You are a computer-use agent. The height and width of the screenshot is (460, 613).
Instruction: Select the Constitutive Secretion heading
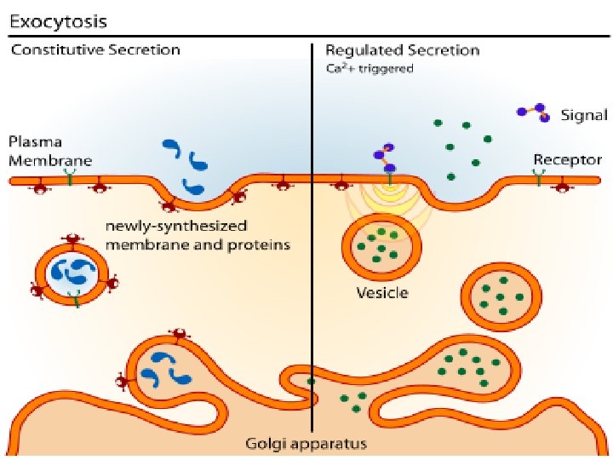tap(95, 49)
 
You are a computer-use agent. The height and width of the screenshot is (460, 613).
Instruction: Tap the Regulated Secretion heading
tap(403, 49)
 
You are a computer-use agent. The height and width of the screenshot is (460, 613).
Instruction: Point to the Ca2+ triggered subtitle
tap(370, 69)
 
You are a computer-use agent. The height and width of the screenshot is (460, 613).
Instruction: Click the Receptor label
tap(567, 159)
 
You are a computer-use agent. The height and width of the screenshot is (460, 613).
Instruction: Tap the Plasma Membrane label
tap(46, 150)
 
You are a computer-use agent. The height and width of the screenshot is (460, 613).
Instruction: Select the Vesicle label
tap(381, 294)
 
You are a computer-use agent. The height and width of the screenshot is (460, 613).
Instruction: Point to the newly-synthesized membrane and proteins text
tap(197, 236)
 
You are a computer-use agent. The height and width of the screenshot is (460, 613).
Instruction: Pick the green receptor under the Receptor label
tap(539, 175)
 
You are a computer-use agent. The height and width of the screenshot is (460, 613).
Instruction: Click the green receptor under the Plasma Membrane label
tap(68, 175)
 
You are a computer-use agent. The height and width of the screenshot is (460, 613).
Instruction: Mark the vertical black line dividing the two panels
tap(312, 256)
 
